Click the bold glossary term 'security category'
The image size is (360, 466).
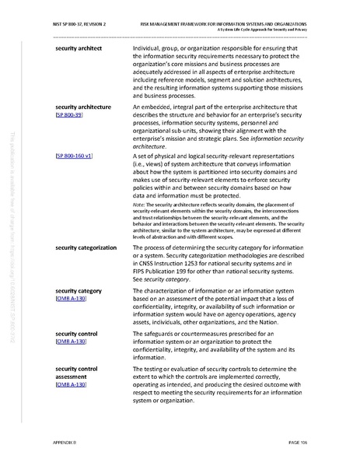click(x=79, y=290)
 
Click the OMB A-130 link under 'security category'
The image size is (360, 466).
click(x=72, y=299)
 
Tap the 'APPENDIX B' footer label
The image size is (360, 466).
click(x=66, y=441)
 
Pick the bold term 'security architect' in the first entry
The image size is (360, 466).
click(x=79, y=49)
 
